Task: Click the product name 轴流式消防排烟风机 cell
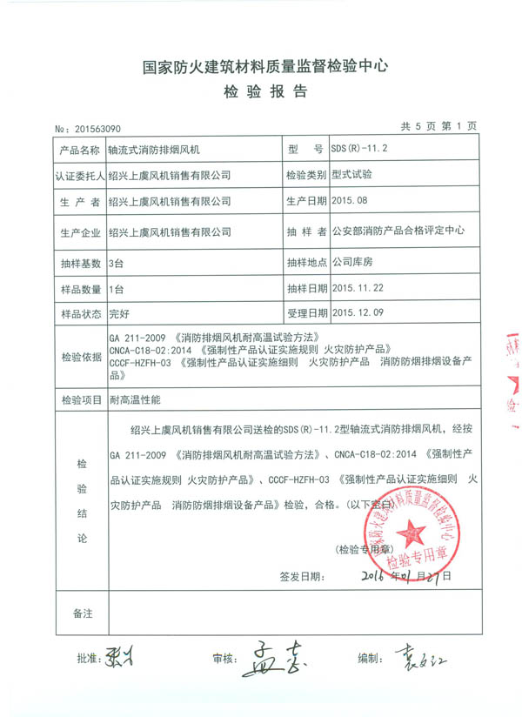tap(164, 150)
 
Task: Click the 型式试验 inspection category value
tap(352, 174)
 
